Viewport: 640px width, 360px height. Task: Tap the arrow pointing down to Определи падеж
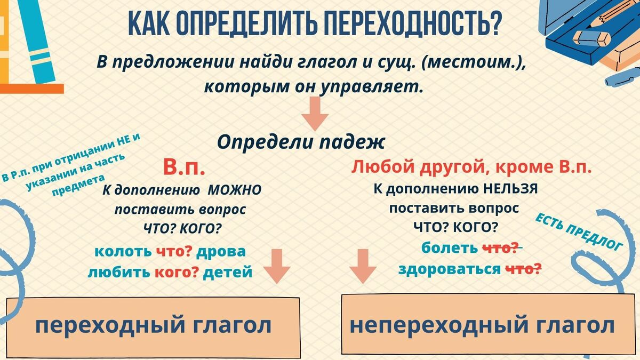(315, 114)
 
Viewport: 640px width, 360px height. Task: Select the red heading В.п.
(184, 167)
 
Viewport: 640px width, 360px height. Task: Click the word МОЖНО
(234, 190)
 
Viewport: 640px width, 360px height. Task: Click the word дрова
(221, 251)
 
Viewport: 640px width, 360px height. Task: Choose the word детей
(228, 272)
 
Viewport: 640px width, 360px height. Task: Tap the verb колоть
(123, 251)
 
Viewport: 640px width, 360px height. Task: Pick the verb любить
(119, 272)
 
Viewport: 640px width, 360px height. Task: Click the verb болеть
(450, 248)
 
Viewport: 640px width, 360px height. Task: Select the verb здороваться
(450, 269)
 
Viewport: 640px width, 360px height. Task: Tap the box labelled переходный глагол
(153, 327)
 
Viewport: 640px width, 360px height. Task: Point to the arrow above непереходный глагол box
(363, 266)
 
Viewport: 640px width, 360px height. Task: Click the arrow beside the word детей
(277, 266)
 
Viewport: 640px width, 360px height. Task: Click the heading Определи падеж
(301, 142)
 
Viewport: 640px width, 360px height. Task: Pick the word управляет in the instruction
(371, 86)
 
